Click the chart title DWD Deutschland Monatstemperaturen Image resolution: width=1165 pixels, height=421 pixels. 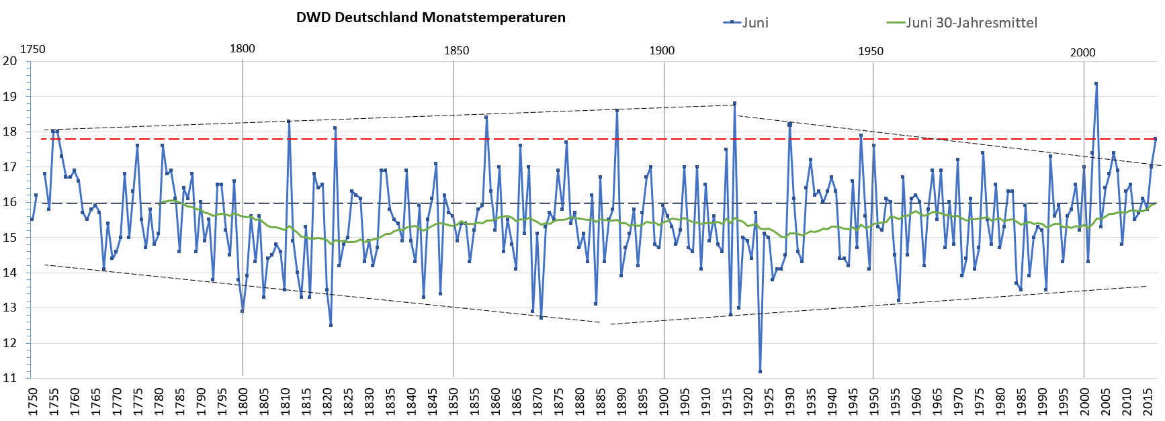(x=431, y=17)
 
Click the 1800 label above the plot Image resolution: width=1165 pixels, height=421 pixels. (x=243, y=48)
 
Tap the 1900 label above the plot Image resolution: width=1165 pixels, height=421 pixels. (x=661, y=51)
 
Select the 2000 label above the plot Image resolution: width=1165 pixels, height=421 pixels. (x=1082, y=52)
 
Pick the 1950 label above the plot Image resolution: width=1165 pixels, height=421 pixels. (x=871, y=51)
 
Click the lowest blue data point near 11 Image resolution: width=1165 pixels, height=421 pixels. (x=760, y=371)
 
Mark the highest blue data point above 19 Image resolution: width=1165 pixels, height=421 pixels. (x=1096, y=84)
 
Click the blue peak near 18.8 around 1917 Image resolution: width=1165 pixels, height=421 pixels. (x=735, y=103)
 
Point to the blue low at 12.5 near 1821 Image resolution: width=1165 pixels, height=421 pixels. (x=331, y=325)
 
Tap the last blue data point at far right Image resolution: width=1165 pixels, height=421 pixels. (x=1156, y=139)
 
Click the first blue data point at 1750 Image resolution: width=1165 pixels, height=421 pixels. (x=32, y=219)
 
